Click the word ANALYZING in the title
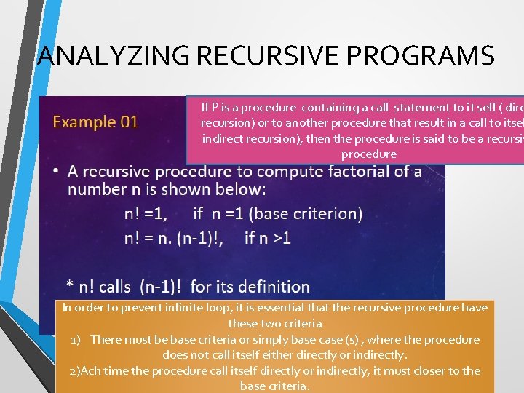point(108,55)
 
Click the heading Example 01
point(95,122)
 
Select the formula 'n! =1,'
point(146,214)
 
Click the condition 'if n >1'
point(268,237)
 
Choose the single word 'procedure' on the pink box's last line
point(369,154)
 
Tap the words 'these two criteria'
point(274,324)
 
